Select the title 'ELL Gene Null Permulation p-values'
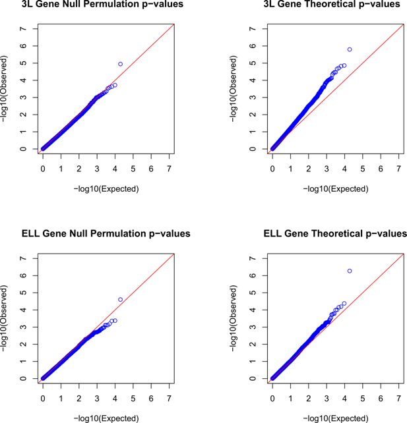(x=106, y=234)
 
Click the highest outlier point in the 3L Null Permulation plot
(x=121, y=64)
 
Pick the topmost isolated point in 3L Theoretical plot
(x=350, y=49)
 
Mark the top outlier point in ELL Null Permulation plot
(x=121, y=299)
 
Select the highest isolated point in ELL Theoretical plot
(x=350, y=271)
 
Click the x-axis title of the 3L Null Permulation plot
(x=106, y=188)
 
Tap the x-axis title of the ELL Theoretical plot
(x=336, y=418)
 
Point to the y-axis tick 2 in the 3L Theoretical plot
(x=253, y=115)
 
